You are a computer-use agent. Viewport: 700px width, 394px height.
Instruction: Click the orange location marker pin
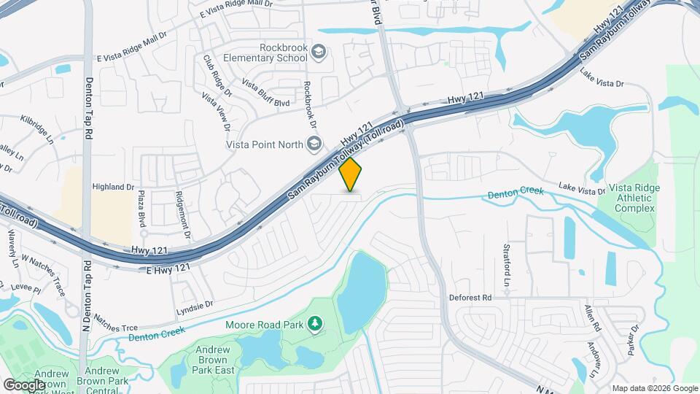pos(351,174)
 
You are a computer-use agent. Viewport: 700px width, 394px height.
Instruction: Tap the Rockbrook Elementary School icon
pos(318,51)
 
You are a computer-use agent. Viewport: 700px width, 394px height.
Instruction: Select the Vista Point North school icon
pos(314,143)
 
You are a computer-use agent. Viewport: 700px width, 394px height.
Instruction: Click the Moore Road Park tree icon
pos(315,323)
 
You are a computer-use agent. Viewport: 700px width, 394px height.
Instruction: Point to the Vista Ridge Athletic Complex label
pos(636,198)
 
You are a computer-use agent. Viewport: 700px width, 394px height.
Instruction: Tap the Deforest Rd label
pos(470,298)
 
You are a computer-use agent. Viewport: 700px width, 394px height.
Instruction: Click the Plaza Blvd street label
pos(142,209)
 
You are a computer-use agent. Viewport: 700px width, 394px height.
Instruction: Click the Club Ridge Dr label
pos(217,77)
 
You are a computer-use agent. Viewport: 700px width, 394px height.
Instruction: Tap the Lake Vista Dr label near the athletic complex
pos(581,190)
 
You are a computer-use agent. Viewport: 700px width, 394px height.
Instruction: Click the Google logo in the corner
pos(25,385)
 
